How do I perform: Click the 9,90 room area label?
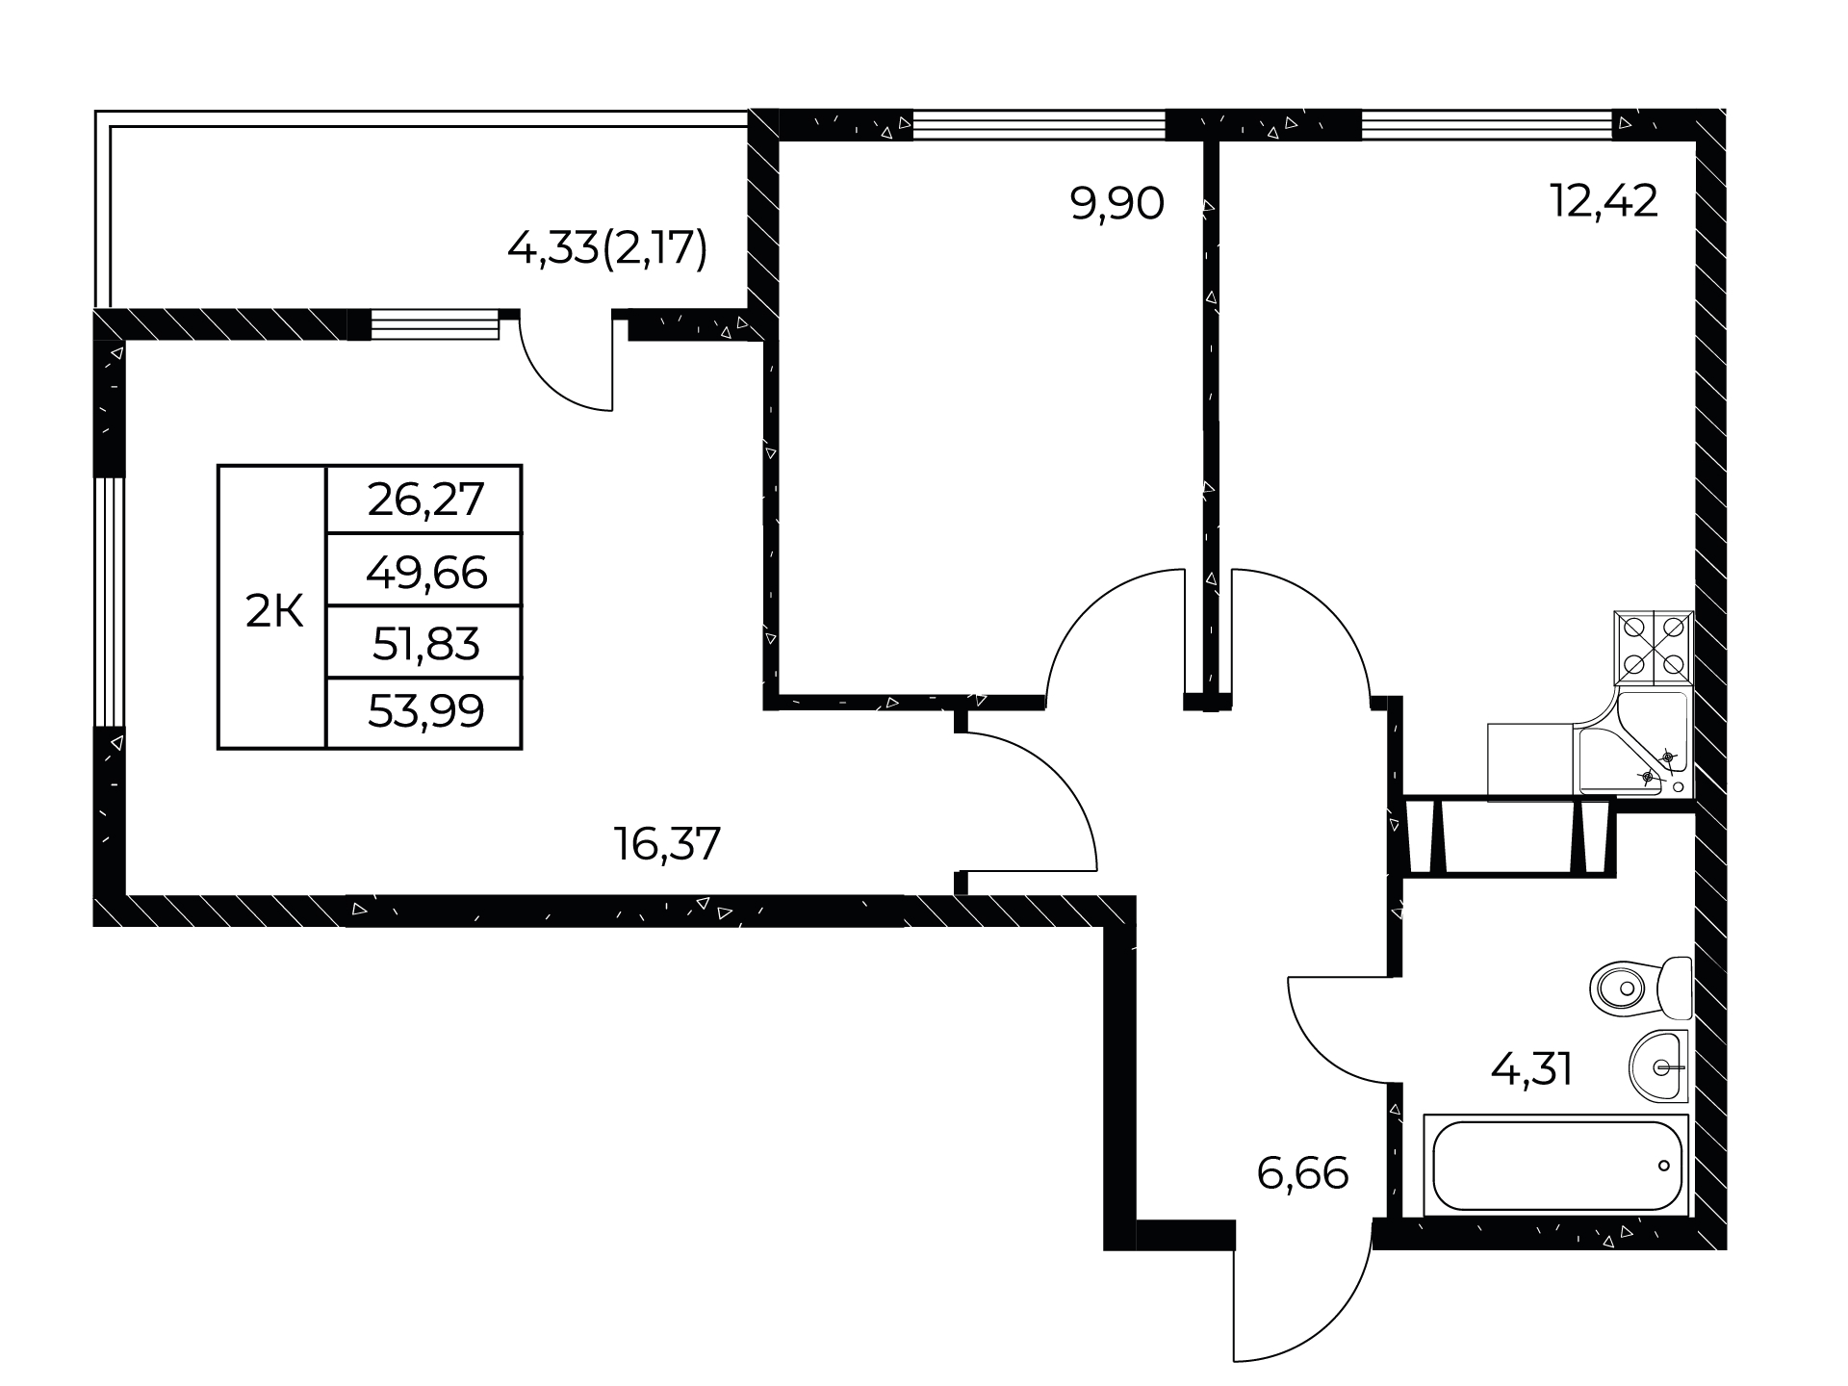pyautogui.click(x=1117, y=204)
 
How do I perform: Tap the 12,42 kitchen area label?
pyautogui.click(x=1604, y=201)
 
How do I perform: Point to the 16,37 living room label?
pyautogui.click(x=667, y=844)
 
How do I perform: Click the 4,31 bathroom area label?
pyautogui.click(x=1531, y=1068)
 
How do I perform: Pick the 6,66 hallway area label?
pyautogui.click(x=1302, y=1173)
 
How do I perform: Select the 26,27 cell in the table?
pyautogui.click(x=424, y=500)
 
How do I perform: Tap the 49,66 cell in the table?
pyautogui.click(x=424, y=571)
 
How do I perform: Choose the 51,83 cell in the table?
pyautogui.click(x=424, y=643)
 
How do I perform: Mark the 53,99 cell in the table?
pyautogui.click(x=424, y=713)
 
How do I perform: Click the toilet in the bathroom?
pyautogui.click(x=1641, y=988)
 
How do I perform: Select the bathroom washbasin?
pyautogui.click(x=1661, y=1066)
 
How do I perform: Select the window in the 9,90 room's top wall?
pyautogui.click(x=1039, y=125)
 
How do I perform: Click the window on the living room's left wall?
pyautogui.click(x=109, y=601)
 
